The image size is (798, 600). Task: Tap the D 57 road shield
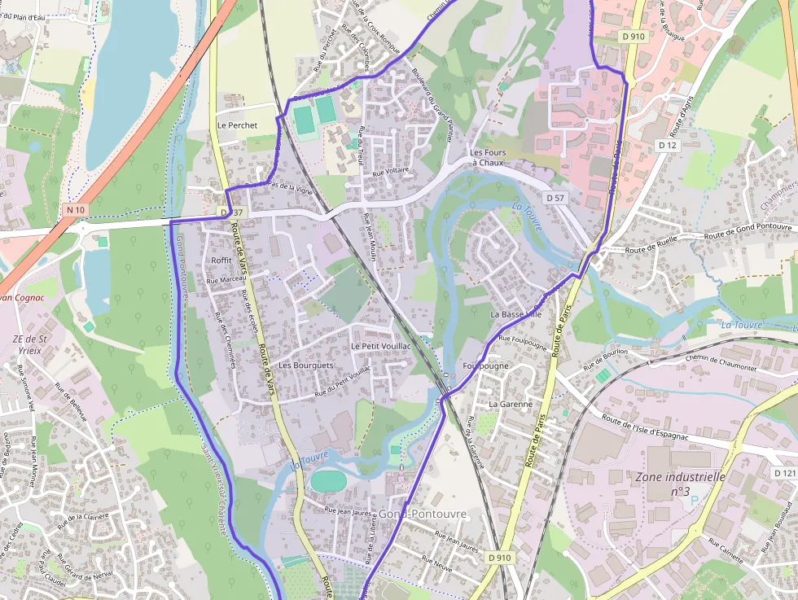point(555,198)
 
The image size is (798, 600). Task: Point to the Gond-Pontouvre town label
point(423,514)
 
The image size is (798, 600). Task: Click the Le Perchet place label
point(237,125)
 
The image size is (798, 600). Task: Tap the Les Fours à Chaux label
point(488,157)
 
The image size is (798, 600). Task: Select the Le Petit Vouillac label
point(381,346)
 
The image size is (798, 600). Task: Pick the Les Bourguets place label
point(306,366)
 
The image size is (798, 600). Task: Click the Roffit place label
point(221,260)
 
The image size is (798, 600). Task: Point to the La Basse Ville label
point(515,313)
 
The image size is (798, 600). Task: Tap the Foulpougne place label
point(485,366)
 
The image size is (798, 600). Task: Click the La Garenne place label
point(511,404)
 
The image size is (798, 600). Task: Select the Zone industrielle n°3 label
point(681,484)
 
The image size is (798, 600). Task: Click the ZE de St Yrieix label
point(30,345)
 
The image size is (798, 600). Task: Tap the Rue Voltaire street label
point(390,172)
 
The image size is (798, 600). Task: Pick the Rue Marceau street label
point(226,279)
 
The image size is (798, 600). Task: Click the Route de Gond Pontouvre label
point(748,230)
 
